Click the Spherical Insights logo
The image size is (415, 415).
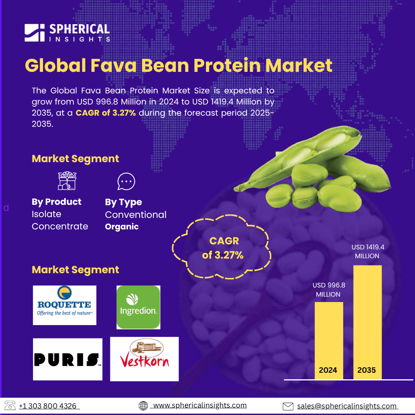coord(67,33)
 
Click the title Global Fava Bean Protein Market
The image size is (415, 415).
coord(179,65)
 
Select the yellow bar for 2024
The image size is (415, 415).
coord(329,340)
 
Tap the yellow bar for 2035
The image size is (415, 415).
coord(367,322)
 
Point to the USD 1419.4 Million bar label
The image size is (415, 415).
coord(368,251)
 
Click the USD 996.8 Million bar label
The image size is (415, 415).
coord(329,290)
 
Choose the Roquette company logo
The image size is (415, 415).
coord(65,305)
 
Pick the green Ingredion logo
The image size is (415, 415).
coord(138,307)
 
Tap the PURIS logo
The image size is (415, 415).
coord(68,359)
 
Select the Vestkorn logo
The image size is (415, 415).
coord(144,359)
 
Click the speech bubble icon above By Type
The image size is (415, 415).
coord(126,181)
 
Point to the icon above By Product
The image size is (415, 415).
coord(67,181)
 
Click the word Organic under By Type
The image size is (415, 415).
coord(122,227)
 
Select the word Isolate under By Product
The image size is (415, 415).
coord(46,214)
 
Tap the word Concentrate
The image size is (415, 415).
coord(60,227)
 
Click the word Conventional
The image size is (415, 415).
coord(136,215)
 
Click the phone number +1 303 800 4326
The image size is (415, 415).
coord(48,406)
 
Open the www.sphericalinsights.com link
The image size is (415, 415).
coord(200,405)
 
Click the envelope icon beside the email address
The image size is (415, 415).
coord(288,406)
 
